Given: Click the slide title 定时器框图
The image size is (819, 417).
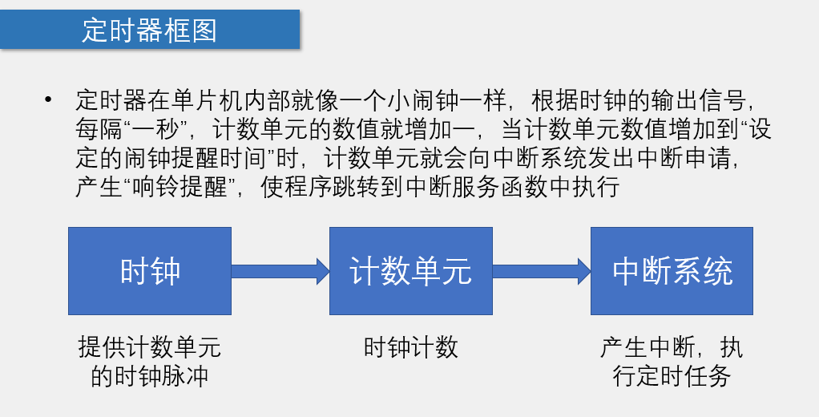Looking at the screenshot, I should pos(149,30).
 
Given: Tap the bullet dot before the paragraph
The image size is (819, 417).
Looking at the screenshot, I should pos(49,99).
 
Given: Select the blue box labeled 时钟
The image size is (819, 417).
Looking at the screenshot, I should pos(150,271).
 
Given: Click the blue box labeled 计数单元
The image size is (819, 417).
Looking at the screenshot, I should pos(410,271).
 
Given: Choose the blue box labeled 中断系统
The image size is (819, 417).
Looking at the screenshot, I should pos(672,271).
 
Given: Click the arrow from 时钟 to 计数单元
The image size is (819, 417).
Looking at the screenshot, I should pos(280,270).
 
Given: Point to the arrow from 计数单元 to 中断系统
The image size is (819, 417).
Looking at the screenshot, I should pos(541,270).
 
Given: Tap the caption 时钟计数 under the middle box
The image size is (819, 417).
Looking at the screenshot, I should pos(410,347).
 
